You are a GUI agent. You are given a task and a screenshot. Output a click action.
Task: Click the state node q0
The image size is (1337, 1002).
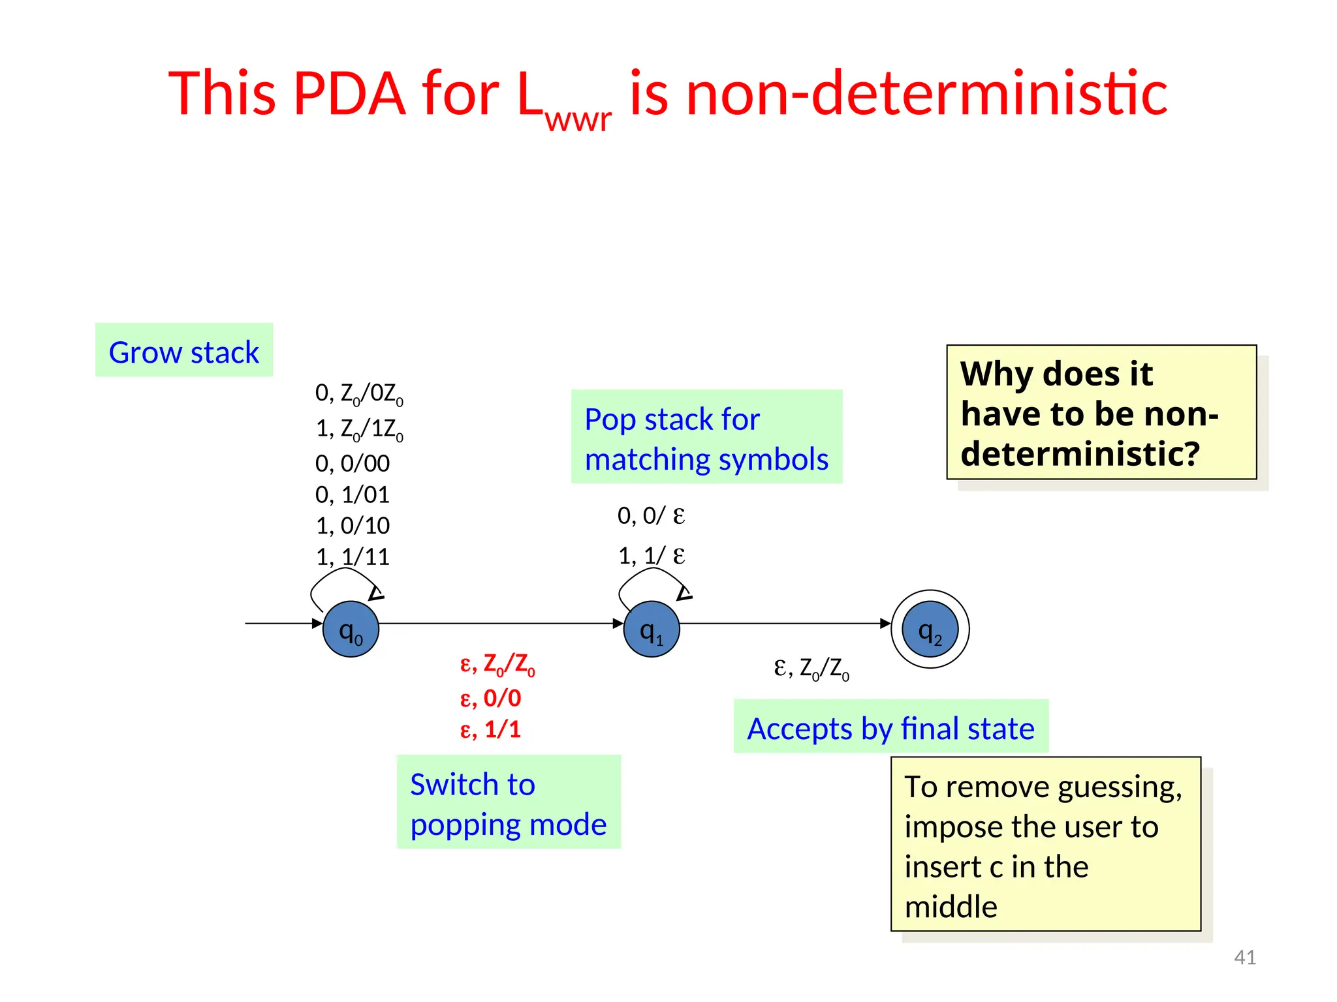coord(351,629)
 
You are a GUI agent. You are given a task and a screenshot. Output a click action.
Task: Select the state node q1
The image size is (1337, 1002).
coord(652,629)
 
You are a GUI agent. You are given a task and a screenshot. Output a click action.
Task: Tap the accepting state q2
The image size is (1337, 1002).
coord(930,629)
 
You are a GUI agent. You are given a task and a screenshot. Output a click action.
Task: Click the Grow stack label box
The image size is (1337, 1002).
coord(184,350)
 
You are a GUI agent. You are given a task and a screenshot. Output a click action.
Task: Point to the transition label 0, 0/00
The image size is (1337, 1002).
coord(353,463)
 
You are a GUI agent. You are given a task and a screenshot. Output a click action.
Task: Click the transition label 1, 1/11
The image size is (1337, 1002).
coord(353,556)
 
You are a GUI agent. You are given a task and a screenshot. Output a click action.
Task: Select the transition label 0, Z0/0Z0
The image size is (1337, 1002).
coord(359,393)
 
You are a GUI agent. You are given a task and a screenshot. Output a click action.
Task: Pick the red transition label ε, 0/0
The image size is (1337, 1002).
coord(490,698)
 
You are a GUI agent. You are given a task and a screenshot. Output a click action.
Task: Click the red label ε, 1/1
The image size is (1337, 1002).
coord(490,729)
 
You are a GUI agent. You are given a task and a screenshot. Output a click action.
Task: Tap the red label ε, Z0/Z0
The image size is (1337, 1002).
coord(497,664)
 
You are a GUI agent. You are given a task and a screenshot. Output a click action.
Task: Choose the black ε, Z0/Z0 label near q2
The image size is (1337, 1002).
coord(811,668)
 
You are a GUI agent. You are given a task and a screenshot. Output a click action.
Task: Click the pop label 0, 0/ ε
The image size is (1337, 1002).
coord(651,515)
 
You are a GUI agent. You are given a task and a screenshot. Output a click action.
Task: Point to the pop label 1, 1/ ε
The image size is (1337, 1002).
coord(651,556)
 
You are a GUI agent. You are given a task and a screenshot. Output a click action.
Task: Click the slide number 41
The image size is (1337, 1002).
coord(1244,957)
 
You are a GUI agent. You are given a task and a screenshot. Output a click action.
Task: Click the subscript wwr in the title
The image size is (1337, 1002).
coord(578,119)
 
